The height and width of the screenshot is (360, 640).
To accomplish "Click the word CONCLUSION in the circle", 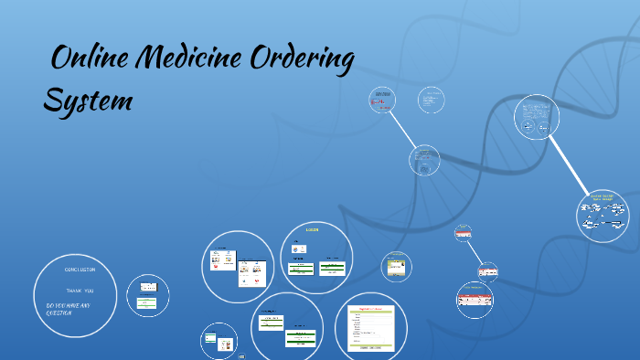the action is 80,270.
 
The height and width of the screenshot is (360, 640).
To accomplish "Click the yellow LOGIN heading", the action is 312,230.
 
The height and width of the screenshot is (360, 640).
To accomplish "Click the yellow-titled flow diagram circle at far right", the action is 603,216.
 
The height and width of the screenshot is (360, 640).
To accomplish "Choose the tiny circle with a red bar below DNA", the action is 463,233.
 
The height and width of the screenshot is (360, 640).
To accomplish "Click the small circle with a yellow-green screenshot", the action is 397,266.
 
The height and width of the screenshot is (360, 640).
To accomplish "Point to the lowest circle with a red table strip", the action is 475,299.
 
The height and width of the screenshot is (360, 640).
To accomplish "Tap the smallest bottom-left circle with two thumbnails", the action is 219,341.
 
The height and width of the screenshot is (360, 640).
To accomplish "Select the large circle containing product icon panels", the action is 237,265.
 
